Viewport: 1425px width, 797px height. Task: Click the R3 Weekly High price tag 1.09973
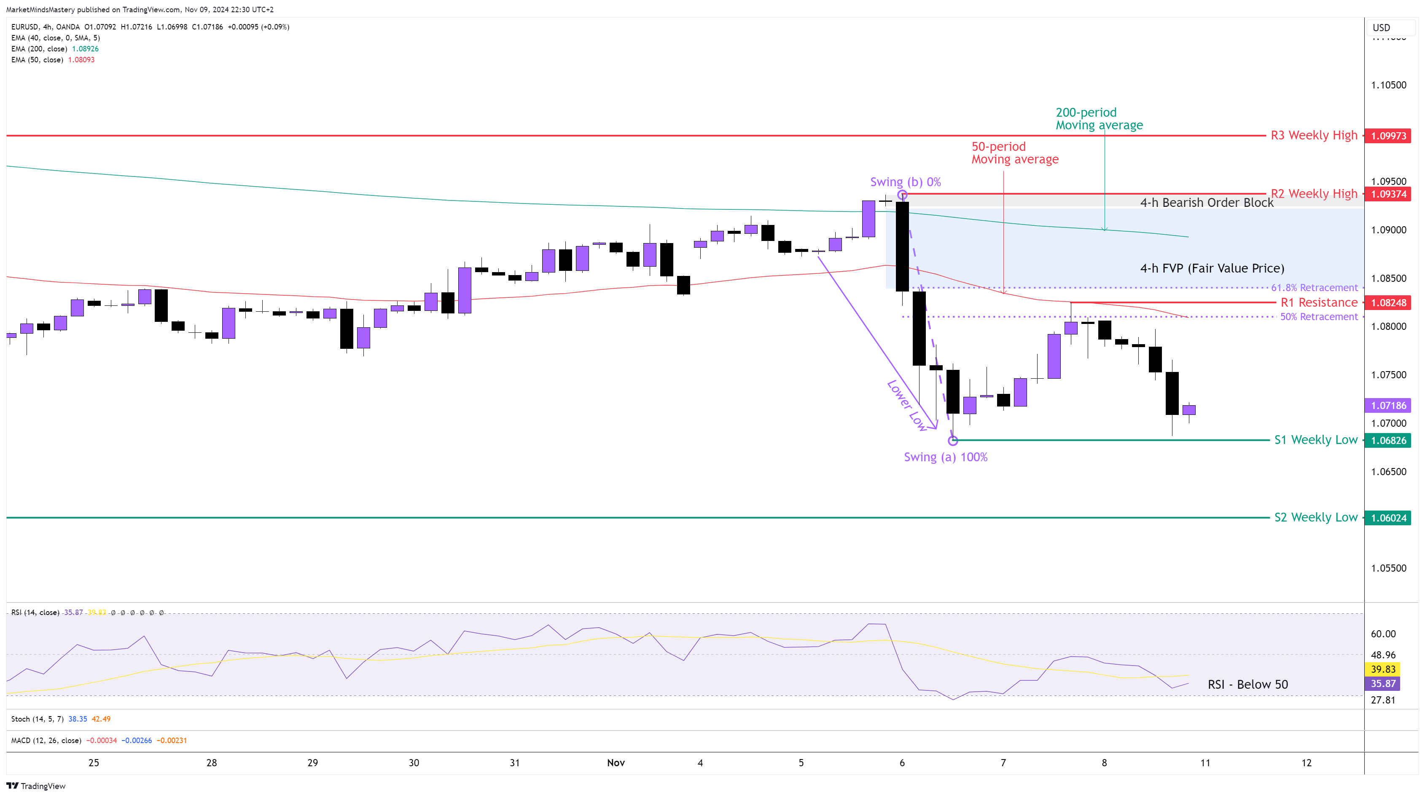[1387, 136]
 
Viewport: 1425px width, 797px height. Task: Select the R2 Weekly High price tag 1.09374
[1387, 194]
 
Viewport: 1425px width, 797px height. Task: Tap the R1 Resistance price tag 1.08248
[1387, 303]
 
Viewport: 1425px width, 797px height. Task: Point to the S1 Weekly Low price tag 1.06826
[1387, 441]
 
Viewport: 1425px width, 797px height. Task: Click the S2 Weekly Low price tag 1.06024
[1387, 518]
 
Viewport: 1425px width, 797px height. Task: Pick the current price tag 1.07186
[1387, 406]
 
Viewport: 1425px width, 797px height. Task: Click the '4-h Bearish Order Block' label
[1207, 203]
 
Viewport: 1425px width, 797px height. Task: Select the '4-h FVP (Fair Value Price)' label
[1212, 269]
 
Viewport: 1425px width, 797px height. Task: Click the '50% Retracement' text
[1319, 317]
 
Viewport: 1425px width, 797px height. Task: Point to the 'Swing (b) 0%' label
[905, 182]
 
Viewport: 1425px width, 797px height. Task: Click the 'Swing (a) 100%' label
[945, 457]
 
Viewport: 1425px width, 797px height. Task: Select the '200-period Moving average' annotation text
[1099, 119]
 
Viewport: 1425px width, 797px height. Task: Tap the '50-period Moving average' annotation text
[1014, 153]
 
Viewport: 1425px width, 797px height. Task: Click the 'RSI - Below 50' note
[1248, 684]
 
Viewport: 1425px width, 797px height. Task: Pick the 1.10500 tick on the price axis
[1388, 85]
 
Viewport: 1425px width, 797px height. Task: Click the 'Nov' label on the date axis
[616, 763]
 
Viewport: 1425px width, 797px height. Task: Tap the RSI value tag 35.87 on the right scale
[1382, 684]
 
